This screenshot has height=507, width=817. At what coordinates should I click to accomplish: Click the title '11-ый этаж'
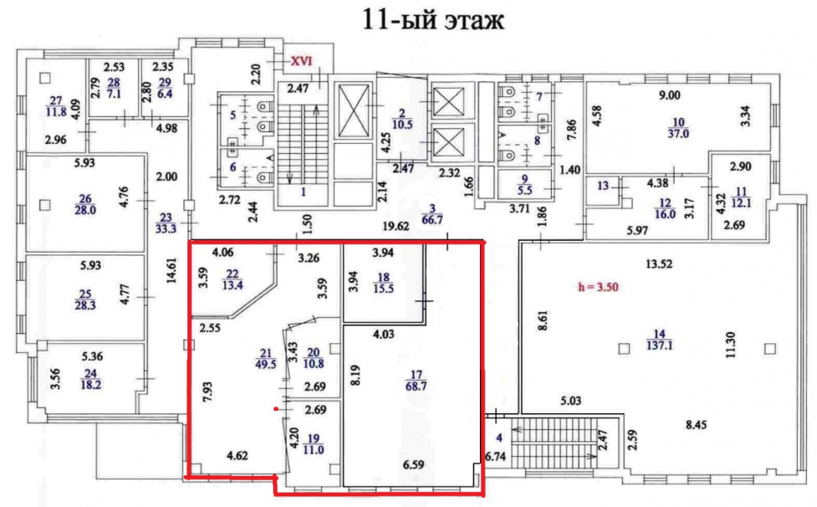click(x=432, y=20)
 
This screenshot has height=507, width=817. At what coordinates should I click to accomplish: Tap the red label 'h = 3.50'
click(x=598, y=287)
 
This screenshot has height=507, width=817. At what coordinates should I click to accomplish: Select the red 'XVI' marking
click(x=301, y=61)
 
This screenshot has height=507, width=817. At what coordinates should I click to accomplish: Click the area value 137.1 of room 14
click(x=660, y=345)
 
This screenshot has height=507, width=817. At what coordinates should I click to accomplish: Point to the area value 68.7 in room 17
click(x=416, y=387)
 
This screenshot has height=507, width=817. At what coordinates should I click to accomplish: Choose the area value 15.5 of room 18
click(x=383, y=288)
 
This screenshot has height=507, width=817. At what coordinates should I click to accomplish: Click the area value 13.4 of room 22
click(x=232, y=285)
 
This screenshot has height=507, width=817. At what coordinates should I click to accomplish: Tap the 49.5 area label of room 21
click(x=266, y=364)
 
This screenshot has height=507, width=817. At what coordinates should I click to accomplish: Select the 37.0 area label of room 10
click(x=678, y=133)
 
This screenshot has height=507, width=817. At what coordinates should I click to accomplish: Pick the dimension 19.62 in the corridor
click(x=397, y=226)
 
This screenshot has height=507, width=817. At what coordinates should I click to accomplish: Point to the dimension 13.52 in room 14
click(x=659, y=264)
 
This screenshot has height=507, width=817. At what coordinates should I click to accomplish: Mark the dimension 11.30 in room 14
click(x=731, y=345)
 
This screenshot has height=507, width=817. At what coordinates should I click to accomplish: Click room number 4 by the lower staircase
click(x=499, y=438)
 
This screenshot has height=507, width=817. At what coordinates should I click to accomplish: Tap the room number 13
click(x=603, y=186)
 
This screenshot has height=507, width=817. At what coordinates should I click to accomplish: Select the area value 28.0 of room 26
click(x=85, y=210)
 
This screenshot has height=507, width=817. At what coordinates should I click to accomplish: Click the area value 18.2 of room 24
click(x=90, y=385)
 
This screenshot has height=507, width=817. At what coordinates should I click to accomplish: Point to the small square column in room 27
click(x=45, y=78)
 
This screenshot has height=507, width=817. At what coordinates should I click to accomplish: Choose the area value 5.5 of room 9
click(x=524, y=190)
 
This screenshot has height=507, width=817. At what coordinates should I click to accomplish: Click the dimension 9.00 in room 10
click(x=670, y=95)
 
